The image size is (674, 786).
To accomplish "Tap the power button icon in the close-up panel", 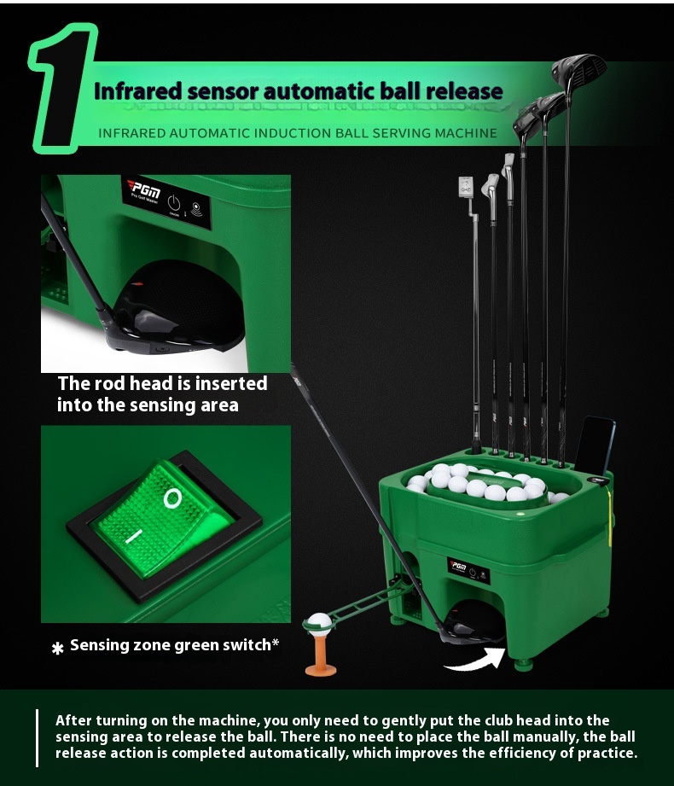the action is click(173, 203).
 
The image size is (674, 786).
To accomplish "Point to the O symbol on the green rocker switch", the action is click(171, 498).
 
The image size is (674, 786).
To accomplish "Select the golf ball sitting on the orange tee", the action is click(319, 622).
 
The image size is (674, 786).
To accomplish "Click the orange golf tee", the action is click(321, 652).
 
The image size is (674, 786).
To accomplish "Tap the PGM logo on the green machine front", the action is click(457, 566).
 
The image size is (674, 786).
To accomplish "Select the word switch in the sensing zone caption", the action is click(247, 644).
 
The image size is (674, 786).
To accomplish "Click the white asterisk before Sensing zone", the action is click(58, 649).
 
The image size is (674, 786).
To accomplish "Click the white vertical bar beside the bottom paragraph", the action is click(37, 738).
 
